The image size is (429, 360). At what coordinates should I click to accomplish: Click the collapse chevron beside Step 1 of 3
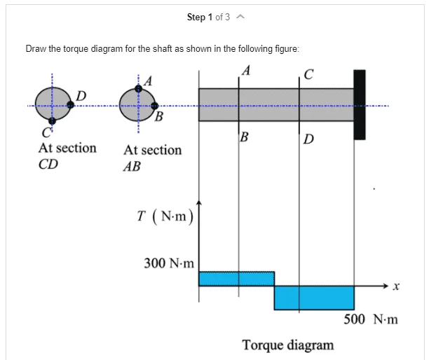[240, 17]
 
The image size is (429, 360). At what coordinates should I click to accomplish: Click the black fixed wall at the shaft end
[359, 104]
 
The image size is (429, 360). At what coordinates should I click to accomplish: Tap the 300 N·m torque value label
[169, 263]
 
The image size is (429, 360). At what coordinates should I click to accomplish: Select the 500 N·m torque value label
[371, 319]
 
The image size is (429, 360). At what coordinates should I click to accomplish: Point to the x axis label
[396, 286]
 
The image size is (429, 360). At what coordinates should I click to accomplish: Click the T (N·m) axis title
[165, 216]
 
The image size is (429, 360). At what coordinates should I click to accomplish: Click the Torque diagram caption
[288, 345]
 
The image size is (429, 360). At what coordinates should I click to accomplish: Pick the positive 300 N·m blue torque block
[236, 279]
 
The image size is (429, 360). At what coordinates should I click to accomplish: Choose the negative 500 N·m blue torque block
[314, 298]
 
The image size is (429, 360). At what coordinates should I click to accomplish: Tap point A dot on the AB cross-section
[138, 88]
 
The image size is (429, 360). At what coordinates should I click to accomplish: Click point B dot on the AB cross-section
[155, 106]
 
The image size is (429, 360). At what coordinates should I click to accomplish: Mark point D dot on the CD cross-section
[70, 104]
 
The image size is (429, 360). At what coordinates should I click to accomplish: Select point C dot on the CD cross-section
[52, 121]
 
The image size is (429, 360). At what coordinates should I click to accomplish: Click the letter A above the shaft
[246, 70]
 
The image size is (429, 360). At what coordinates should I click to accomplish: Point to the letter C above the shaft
[308, 74]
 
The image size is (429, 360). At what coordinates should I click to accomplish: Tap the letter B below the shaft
[245, 137]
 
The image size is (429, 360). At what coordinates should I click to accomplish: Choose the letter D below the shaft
[308, 139]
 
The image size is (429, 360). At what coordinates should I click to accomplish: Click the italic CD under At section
[48, 165]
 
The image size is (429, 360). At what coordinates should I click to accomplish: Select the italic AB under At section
[132, 167]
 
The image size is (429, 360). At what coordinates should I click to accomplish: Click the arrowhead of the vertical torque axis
[199, 202]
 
